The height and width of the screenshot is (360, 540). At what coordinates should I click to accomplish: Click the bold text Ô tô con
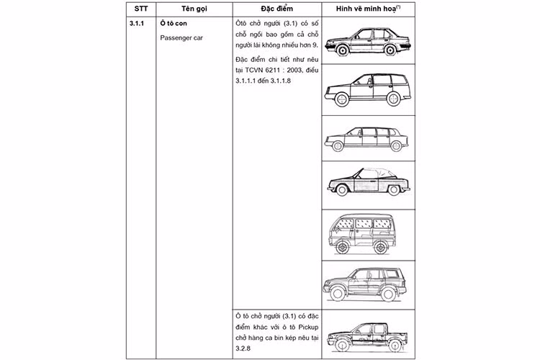coord(175,23)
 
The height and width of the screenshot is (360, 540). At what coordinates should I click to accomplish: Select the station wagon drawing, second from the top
coord(367,89)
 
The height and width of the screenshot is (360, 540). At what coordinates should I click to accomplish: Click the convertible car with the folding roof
coord(367,180)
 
